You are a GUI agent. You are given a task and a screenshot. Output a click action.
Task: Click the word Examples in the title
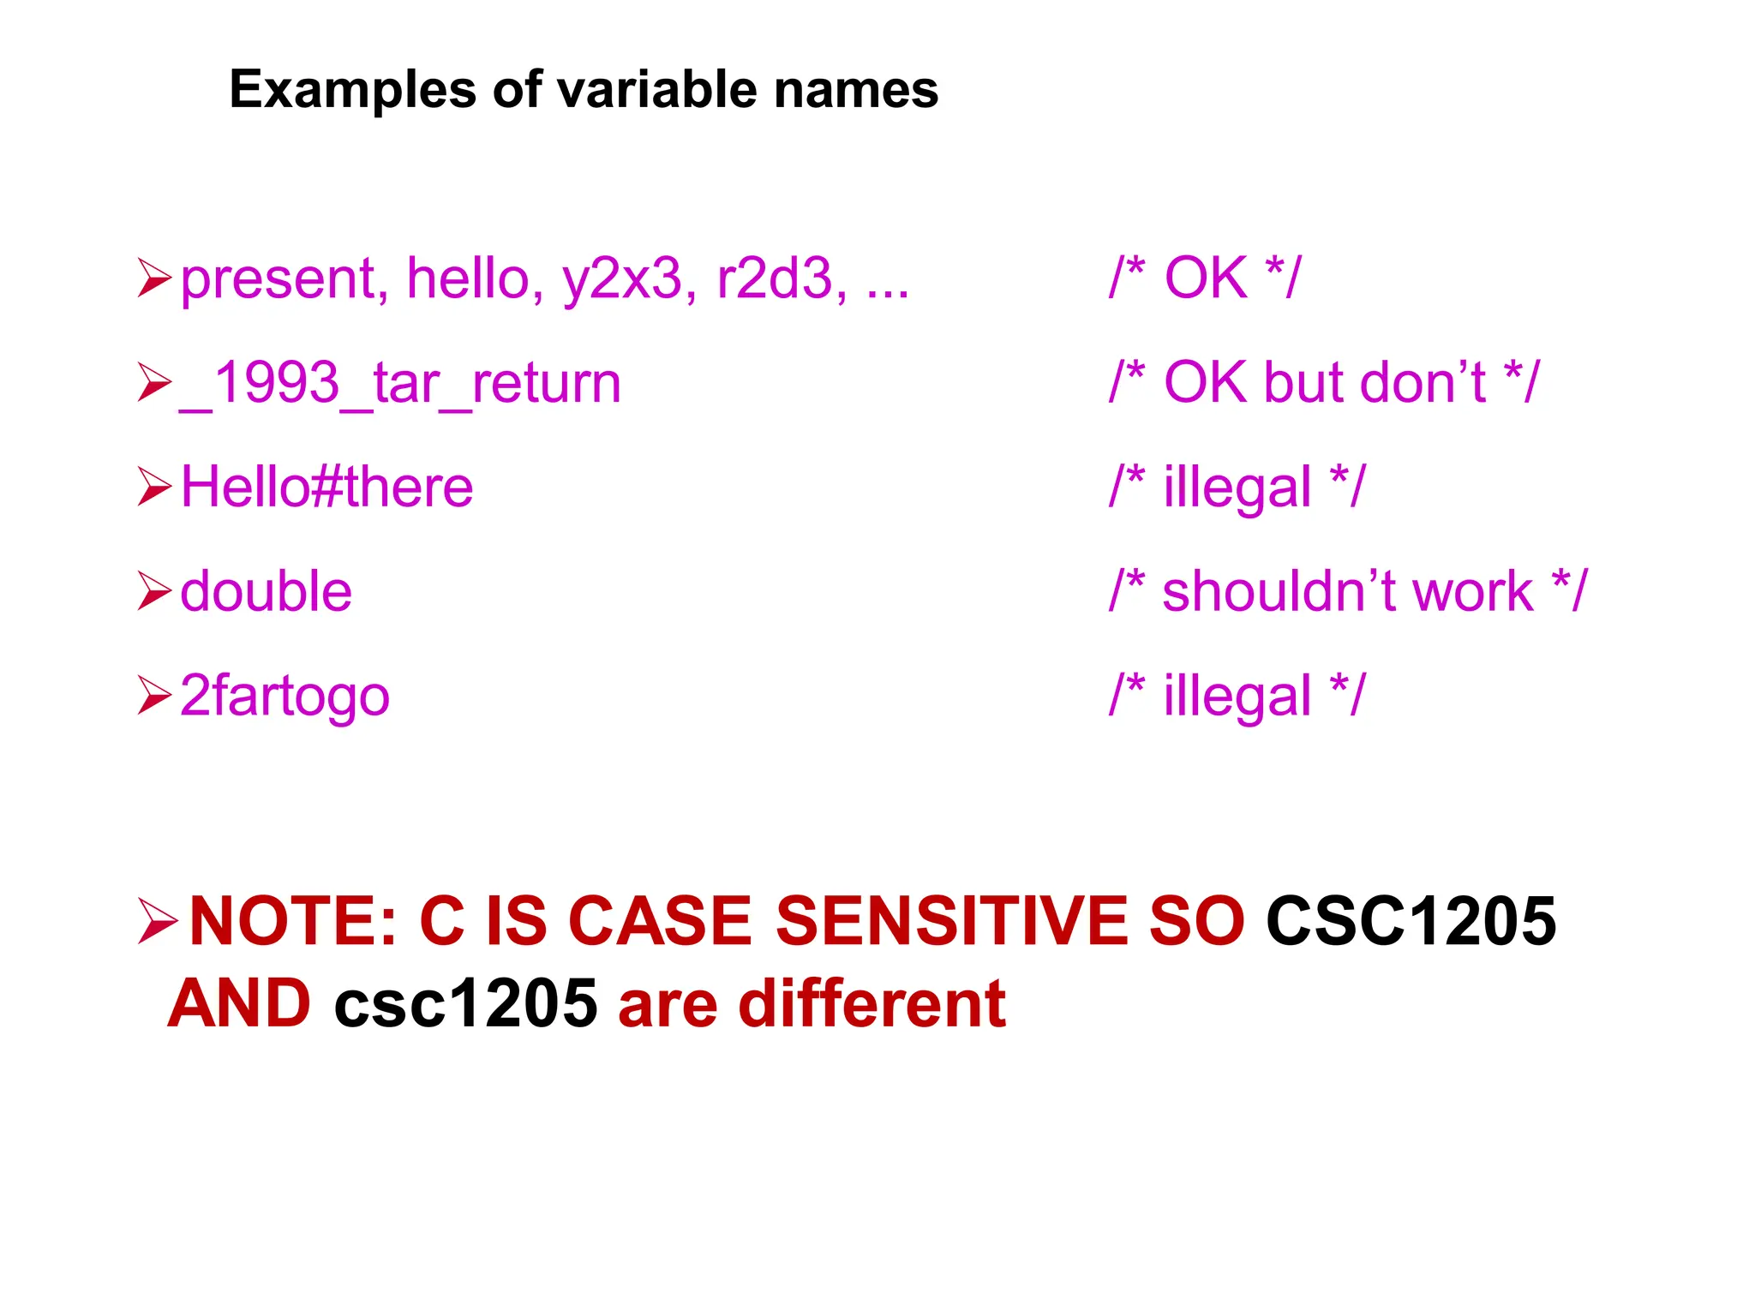352,90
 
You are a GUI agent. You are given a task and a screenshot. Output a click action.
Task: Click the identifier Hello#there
326,488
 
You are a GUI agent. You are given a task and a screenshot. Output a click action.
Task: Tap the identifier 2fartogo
285,696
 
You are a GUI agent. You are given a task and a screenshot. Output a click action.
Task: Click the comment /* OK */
1204,278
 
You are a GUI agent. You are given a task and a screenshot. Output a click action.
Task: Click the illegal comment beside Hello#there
1237,488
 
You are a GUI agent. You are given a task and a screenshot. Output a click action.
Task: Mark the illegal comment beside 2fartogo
1237,696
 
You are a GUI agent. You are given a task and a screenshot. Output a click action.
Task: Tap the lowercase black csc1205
465,1004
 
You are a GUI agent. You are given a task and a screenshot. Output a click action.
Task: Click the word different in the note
872,1004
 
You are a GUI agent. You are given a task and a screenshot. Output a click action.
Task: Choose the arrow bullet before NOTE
157,922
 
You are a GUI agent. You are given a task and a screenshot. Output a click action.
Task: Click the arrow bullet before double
154,591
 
